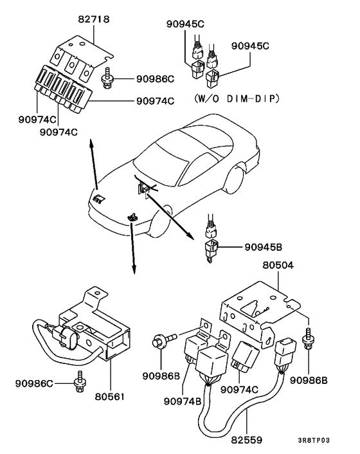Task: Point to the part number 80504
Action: point(278,264)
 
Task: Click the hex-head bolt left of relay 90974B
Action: point(159,341)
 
